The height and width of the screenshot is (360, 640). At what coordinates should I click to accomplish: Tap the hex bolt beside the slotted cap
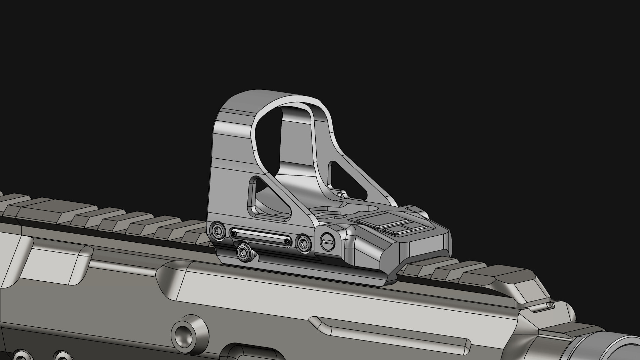click(x=304, y=242)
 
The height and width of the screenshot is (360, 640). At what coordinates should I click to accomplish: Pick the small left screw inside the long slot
click(x=234, y=233)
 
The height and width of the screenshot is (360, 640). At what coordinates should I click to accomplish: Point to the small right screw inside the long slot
click(x=287, y=241)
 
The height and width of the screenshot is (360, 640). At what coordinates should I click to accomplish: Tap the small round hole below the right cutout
click(x=339, y=194)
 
